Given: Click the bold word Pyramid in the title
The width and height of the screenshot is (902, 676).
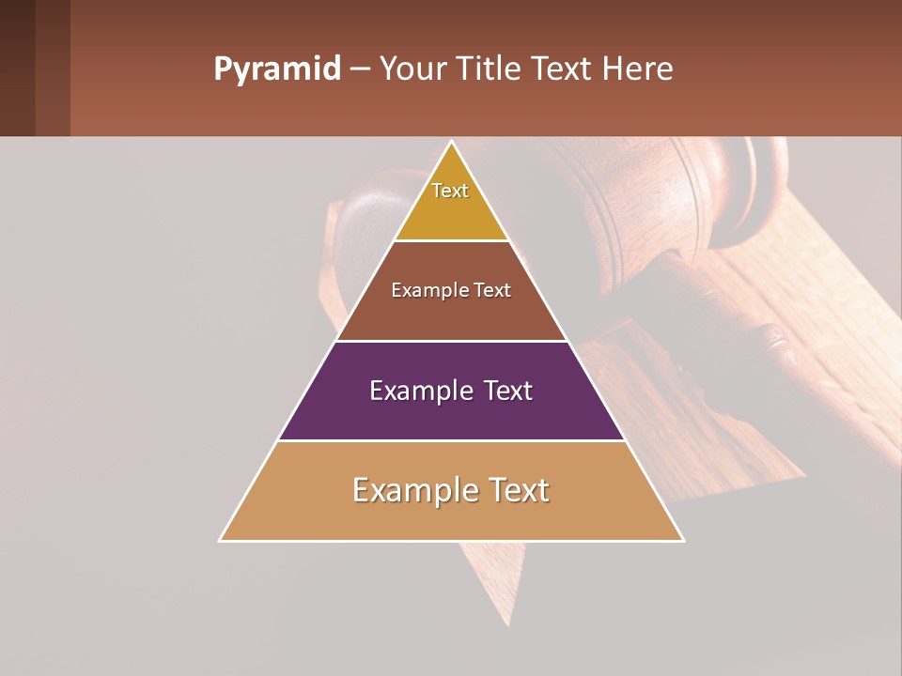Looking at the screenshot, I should coord(276,69).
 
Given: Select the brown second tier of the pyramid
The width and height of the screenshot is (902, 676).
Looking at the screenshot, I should coord(451,315).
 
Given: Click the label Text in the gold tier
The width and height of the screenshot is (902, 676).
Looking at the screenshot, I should coord(450,191).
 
